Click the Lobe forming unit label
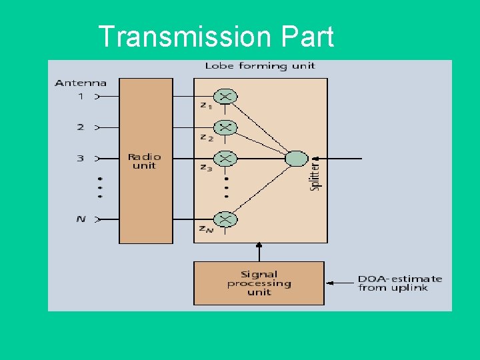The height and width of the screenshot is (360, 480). pos(259,66)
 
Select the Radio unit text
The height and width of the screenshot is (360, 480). pos(145,161)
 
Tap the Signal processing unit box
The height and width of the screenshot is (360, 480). pos(259,283)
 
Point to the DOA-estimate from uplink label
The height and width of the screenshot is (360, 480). pos(399,283)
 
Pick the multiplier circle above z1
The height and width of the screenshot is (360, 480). pos(226,97)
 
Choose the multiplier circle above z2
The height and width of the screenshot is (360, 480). pos(226,127)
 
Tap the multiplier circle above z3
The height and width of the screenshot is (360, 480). pos(226,159)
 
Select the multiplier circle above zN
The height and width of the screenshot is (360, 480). pos(226,219)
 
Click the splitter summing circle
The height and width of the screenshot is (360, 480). pos(296,159)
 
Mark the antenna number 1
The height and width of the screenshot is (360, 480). pos(81,97)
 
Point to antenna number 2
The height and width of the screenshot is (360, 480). pos(81,127)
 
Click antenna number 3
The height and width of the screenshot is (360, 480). pos(81,159)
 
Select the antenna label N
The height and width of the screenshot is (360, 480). pos(81,219)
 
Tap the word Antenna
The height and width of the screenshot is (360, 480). pos(80,83)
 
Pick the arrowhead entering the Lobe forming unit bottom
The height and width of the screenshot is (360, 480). pos(259,246)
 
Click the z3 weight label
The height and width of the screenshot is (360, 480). pos(206,168)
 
